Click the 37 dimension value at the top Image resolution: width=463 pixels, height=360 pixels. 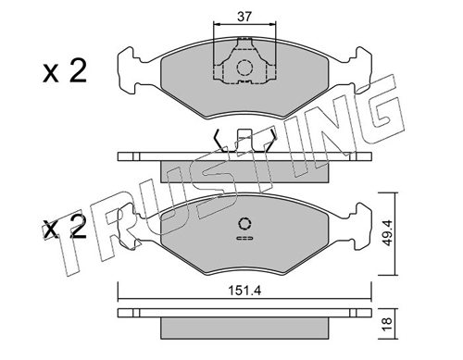[244, 17]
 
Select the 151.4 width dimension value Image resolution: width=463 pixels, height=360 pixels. [244, 291]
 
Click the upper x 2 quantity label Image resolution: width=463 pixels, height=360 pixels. [65, 71]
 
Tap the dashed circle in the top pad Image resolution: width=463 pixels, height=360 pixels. [244, 68]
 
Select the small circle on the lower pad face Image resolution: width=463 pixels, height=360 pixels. [244, 224]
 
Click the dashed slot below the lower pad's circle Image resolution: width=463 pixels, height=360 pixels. [244, 238]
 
